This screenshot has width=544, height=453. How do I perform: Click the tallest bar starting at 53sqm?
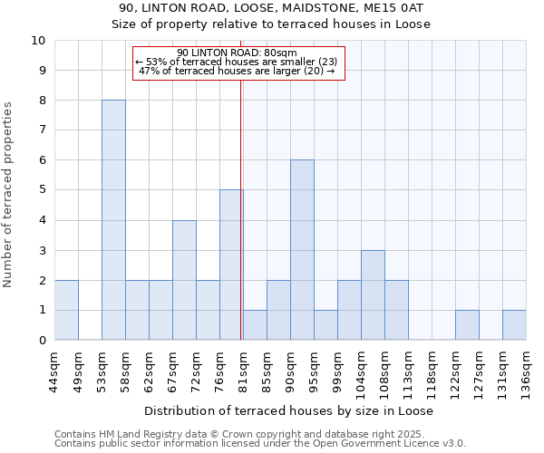(x=113, y=220)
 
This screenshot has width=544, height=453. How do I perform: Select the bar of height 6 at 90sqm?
(x=302, y=250)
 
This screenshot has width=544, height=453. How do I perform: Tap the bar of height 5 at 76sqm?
(x=231, y=265)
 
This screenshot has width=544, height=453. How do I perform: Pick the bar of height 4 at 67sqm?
(x=184, y=280)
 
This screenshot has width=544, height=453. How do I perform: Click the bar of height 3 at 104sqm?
(x=373, y=295)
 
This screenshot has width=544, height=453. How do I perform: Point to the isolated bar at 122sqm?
(x=467, y=325)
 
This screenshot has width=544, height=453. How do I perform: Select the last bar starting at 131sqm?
(x=514, y=325)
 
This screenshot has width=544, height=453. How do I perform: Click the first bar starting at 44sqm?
(x=66, y=310)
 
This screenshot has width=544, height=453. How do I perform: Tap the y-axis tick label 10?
(x=38, y=41)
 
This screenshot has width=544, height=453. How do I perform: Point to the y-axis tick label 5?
(x=42, y=190)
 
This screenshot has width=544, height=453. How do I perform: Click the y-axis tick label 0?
(x=42, y=341)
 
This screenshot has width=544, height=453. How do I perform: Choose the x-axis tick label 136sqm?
(x=526, y=370)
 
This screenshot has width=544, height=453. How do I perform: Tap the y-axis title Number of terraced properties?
(x=8, y=195)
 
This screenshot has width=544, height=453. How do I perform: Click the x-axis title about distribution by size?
(x=288, y=410)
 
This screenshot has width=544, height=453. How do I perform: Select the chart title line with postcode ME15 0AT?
(x=271, y=8)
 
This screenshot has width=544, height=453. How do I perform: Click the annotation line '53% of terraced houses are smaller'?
(x=238, y=62)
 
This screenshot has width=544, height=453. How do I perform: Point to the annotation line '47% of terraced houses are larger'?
(x=238, y=71)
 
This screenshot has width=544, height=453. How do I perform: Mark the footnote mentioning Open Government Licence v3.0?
(x=260, y=444)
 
